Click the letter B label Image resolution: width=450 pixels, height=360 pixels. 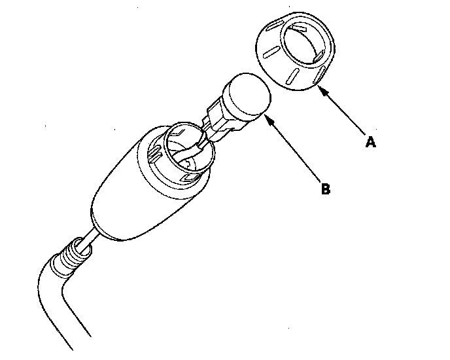coord(325,190)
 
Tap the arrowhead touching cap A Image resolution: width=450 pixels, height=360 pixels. coord(321,91)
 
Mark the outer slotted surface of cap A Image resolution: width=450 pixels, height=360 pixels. coord(275,62)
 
